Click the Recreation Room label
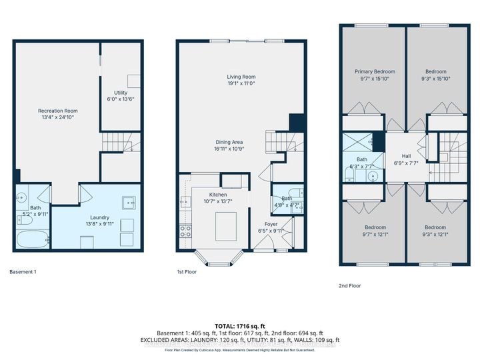coord(57,111)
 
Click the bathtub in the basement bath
coord(31,238)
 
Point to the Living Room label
coord(240,77)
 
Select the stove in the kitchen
coord(185,231)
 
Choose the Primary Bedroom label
coord(374,71)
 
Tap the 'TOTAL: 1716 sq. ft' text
coord(239,325)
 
